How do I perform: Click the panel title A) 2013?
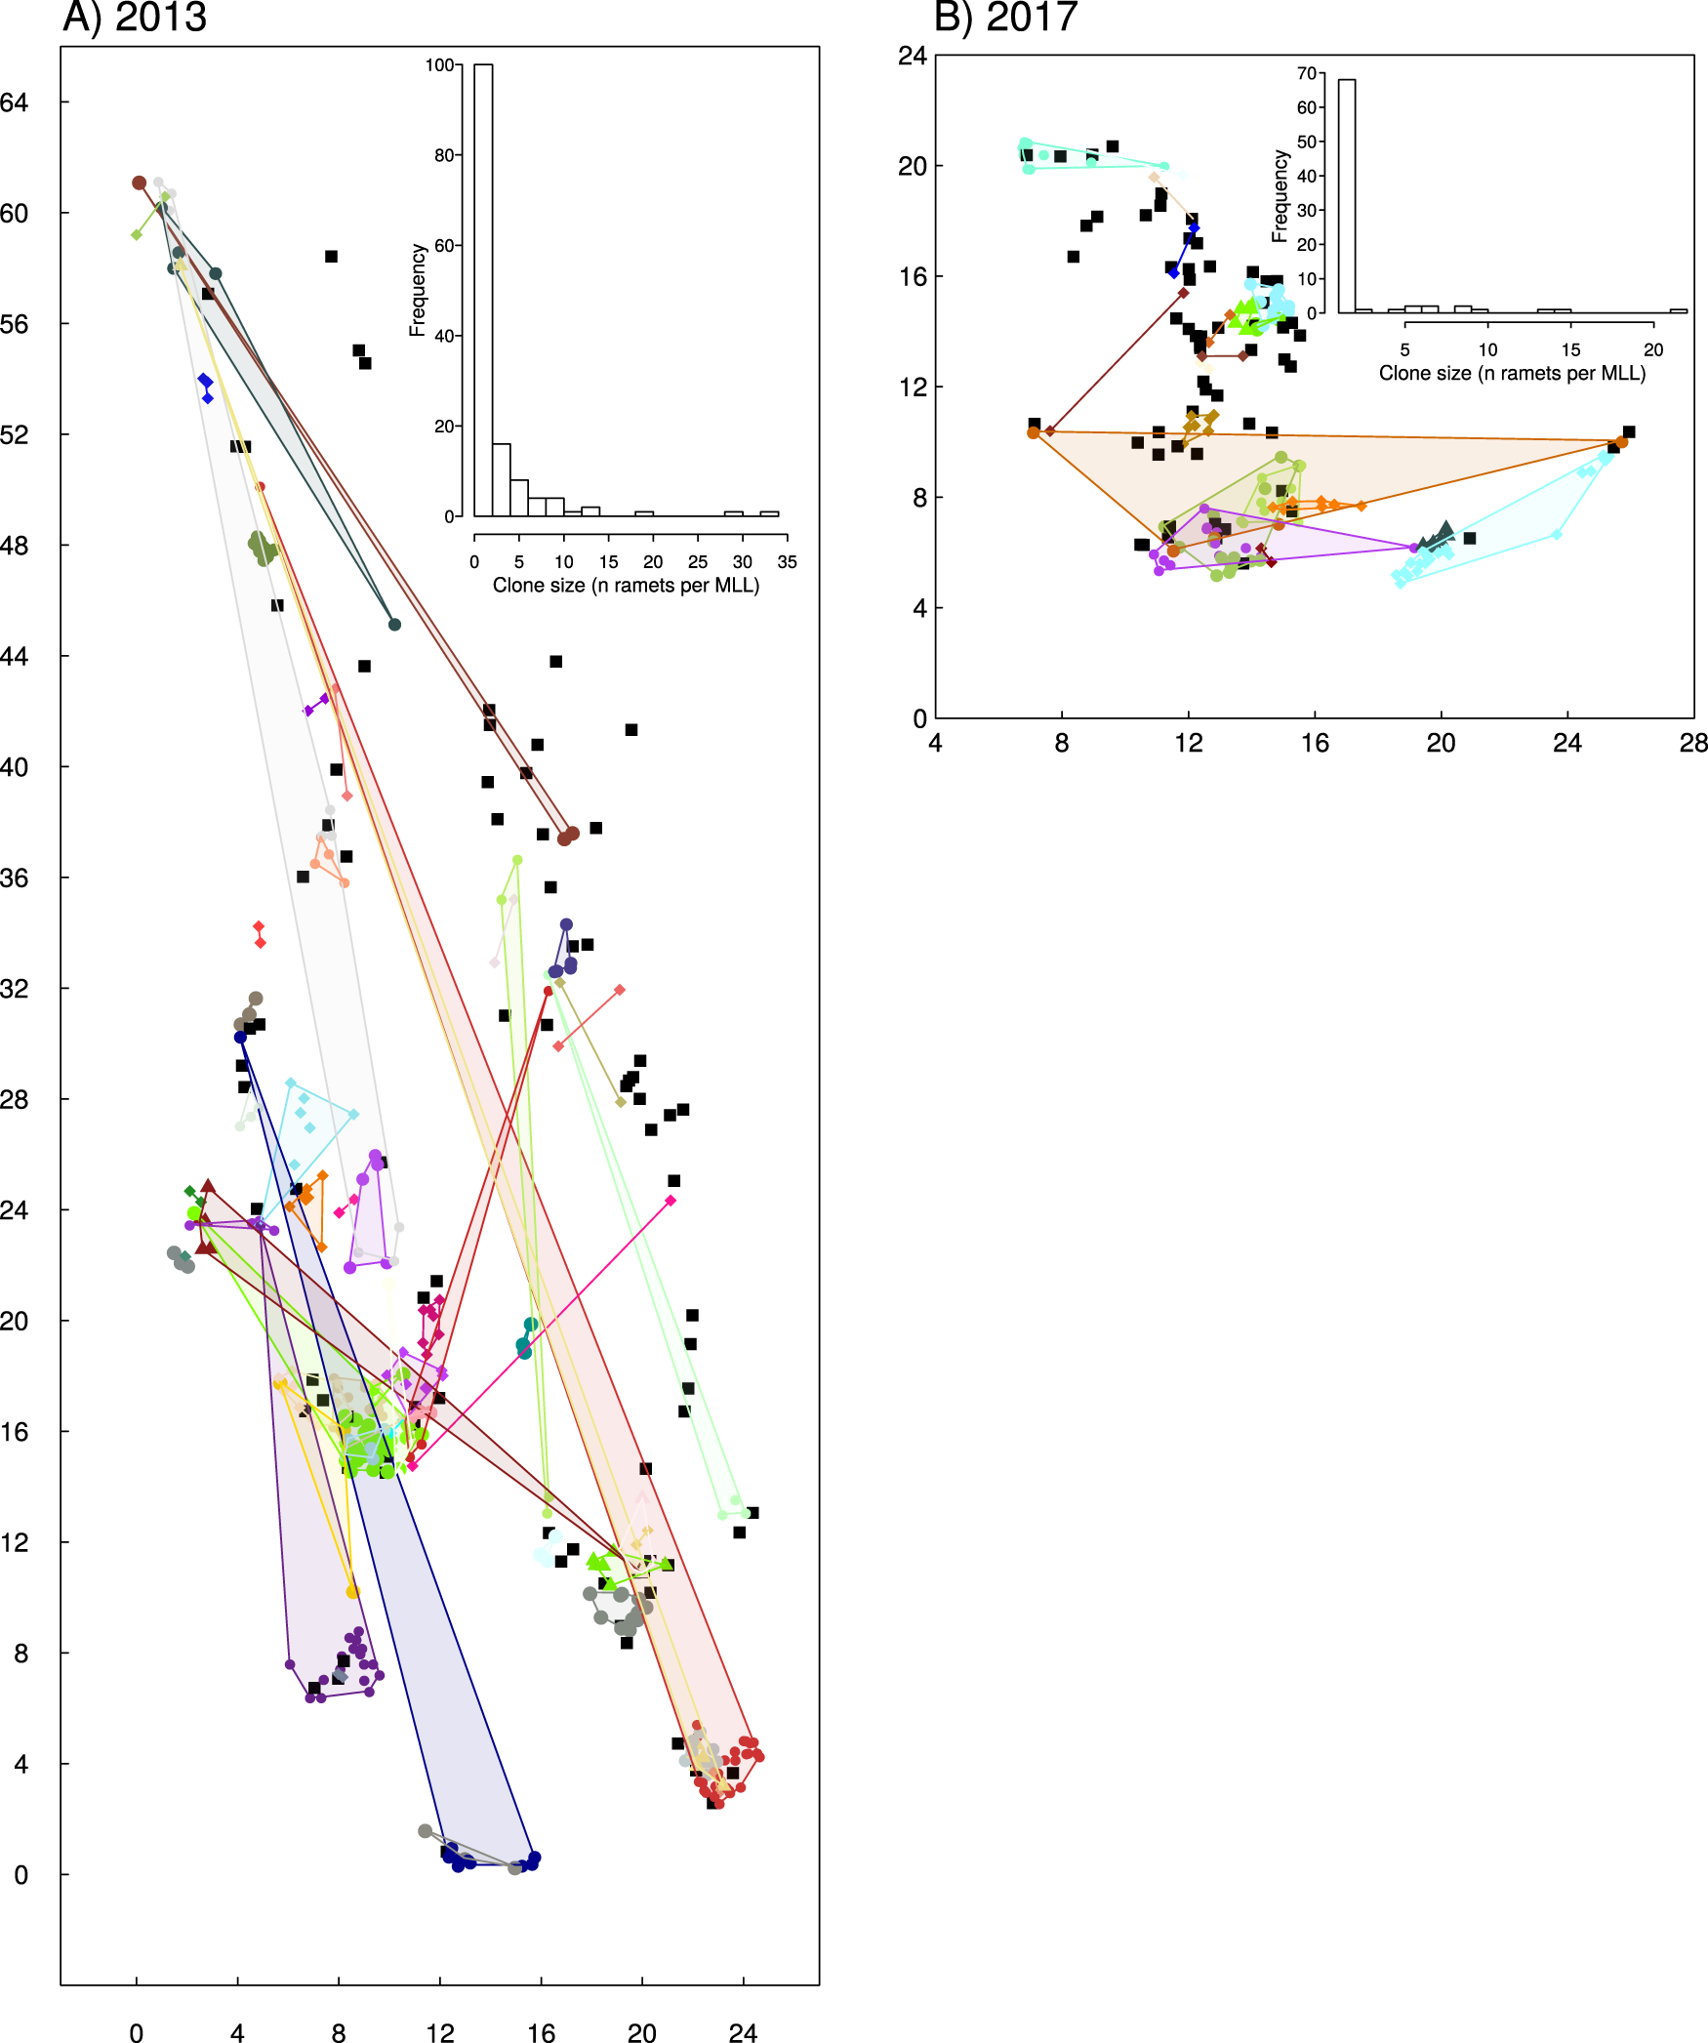[x=135, y=18]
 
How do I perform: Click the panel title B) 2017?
[x=1005, y=18]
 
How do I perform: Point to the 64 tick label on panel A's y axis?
[x=15, y=102]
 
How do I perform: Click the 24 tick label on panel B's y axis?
[x=913, y=56]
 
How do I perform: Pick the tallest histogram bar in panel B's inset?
[x=1347, y=195]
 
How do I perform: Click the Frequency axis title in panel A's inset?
[x=418, y=290]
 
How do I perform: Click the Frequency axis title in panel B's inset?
[x=1280, y=195]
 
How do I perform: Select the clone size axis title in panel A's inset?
[x=626, y=586]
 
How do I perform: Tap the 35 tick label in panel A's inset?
[x=787, y=562]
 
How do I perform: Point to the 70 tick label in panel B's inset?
[x=1306, y=73]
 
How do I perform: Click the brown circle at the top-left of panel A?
[x=139, y=183]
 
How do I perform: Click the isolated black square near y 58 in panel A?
[x=331, y=257]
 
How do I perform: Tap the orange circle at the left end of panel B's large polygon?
[x=1034, y=432]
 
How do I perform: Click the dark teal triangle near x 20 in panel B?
[x=1446, y=529]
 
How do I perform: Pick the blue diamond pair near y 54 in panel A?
[x=205, y=387]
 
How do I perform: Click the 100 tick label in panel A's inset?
[x=439, y=65]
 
